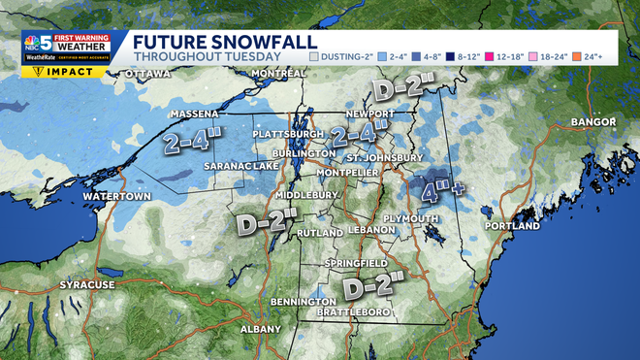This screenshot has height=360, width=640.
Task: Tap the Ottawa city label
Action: pyautogui.click(x=147, y=74)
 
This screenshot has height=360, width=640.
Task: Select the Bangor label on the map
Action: pyautogui.click(x=593, y=122)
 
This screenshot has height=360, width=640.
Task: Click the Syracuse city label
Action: pyautogui.click(x=87, y=285)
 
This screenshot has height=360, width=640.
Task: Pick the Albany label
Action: pyautogui.click(x=260, y=329)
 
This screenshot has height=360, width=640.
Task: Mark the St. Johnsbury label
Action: pyautogui.click(x=385, y=157)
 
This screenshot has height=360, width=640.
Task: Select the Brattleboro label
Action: pyautogui.click(x=357, y=312)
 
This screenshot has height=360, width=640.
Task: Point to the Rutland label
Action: pyautogui.click(x=321, y=234)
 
